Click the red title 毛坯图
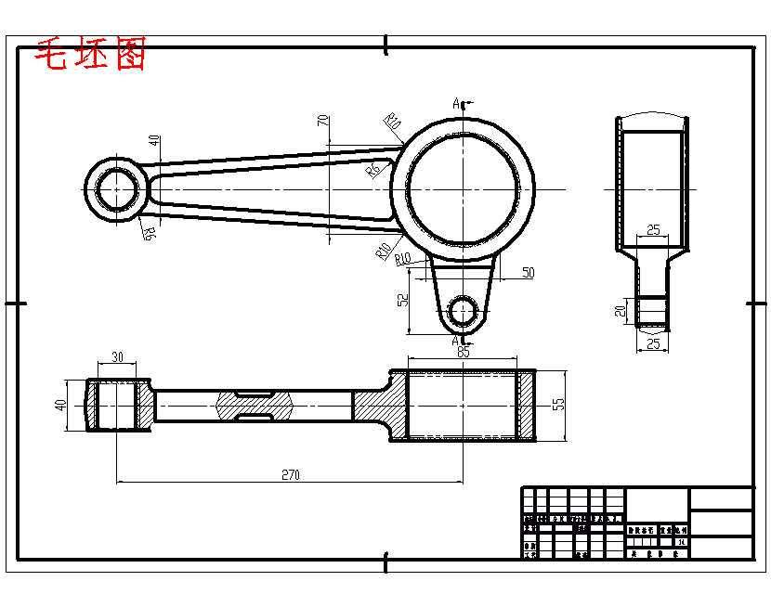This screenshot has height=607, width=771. click(x=90, y=56)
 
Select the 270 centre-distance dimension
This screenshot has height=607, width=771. click(x=290, y=474)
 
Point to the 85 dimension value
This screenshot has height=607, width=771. click(x=463, y=352)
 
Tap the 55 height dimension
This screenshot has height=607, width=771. click(x=557, y=405)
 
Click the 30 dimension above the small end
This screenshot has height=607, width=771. click(x=117, y=357)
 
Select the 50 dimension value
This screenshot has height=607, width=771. click(x=528, y=273)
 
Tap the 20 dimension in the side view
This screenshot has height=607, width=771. click(x=621, y=311)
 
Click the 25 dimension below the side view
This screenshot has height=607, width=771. click(x=653, y=344)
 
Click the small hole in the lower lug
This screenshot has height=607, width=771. click(x=461, y=312)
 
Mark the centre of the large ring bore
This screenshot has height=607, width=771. click(x=462, y=190)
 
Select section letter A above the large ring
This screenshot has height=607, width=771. click(x=456, y=103)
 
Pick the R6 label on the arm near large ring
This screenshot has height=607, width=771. click(x=373, y=169)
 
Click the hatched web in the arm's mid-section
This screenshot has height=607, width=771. click(x=254, y=405)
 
